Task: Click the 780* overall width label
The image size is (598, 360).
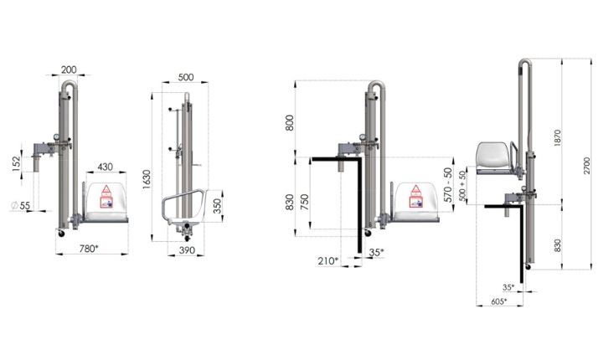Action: tap(94, 249)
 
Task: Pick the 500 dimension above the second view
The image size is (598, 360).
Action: tap(186, 78)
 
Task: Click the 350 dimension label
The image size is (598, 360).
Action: tap(215, 207)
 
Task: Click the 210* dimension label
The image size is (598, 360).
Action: tap(328, 261)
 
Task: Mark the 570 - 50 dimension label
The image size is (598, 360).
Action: tap(450, 186)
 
